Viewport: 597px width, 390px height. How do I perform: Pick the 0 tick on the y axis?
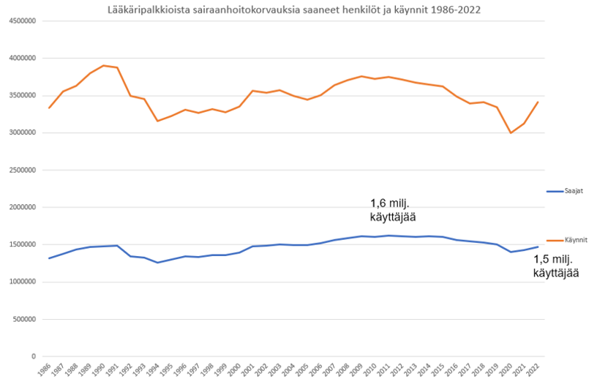pos(34,356)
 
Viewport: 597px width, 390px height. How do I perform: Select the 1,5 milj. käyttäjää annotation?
pos(557,266)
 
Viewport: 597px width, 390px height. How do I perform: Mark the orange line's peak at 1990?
pos(104,65)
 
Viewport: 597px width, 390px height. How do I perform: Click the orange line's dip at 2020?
pos(511,133)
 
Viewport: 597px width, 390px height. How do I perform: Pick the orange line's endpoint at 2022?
pos(538,102)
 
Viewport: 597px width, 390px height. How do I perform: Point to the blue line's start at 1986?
pos(50,258)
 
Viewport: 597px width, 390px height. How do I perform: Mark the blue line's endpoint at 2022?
pos(538,247)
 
